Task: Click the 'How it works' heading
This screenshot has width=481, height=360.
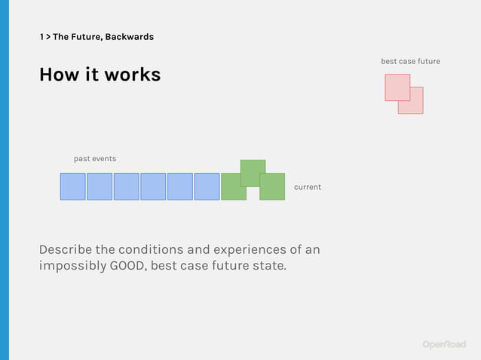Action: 100,75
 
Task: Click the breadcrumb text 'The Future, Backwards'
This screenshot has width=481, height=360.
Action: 103,37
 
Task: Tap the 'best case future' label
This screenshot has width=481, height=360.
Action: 410,61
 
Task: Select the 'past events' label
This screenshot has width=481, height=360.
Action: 95,159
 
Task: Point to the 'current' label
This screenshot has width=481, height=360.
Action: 307,187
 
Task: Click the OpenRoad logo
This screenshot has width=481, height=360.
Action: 444,344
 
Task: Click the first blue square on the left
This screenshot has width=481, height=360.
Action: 73,187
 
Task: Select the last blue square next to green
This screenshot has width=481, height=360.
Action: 207,187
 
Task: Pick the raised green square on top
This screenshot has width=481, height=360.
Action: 253,169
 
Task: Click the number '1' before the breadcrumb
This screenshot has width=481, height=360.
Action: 41,37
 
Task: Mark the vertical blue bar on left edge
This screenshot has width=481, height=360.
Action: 4,180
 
